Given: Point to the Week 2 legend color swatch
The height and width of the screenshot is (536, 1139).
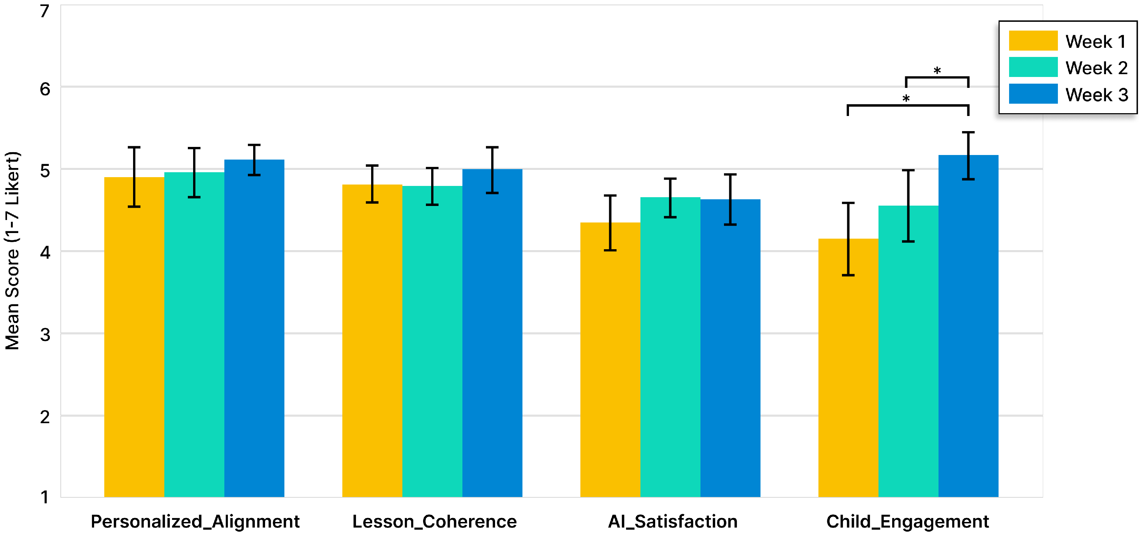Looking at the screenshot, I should (x=1033, y=67).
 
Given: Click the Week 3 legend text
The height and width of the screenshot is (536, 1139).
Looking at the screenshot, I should (x=1097, y=95).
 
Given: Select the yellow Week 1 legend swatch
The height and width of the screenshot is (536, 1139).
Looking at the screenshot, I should (x=1033, y=41).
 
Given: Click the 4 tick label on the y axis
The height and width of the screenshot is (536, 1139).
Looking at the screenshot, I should (x=45, y=253).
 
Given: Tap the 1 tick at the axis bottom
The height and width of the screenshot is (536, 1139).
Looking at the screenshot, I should (x=45, y=497).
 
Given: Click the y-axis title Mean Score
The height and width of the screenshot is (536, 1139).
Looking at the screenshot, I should (x=12, y=251).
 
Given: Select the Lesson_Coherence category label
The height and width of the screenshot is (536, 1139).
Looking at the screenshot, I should (x=434, y=521).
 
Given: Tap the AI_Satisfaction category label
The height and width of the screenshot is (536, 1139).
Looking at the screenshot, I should (x=672, y=521).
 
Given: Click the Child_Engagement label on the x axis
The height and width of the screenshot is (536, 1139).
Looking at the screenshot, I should (x=907, y=521).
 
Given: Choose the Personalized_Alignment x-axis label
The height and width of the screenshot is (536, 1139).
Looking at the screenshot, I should (x=195, y=521).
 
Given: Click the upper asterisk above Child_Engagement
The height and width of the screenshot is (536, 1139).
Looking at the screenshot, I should (x=937, y=71).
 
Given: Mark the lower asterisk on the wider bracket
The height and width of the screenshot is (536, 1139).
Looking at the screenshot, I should (x=906, y=99).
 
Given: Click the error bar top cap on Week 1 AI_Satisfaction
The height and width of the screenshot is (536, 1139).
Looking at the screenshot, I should (x=610, y=195).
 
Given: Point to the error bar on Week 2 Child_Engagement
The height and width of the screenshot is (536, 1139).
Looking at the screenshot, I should (x=908, y=206).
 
